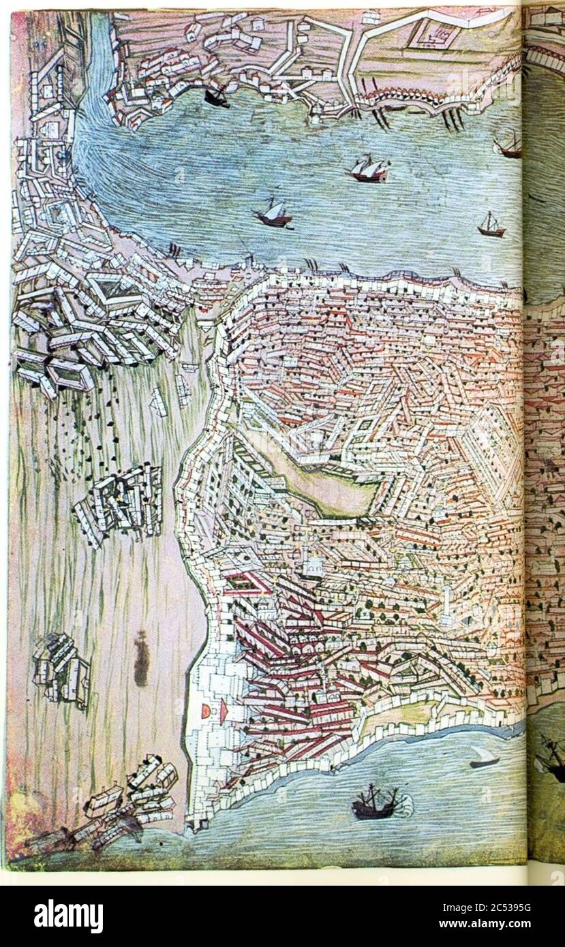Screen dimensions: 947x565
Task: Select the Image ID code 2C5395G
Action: [478, 907]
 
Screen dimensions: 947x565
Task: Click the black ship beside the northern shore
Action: [217, 97]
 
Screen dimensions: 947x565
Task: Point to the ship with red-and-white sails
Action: [369, 169]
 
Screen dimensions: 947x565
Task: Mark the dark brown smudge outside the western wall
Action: [141, 659]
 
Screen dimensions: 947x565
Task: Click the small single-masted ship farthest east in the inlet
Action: [491, 225]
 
